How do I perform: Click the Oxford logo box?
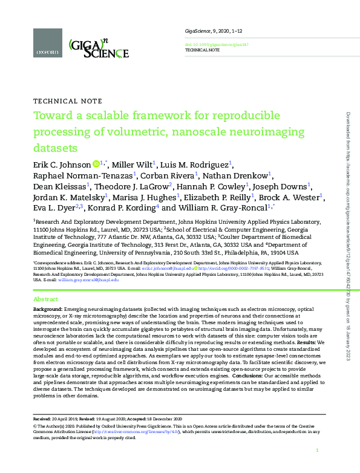47,44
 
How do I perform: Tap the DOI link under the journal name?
208,45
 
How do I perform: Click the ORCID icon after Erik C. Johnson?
96,164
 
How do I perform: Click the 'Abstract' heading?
46,299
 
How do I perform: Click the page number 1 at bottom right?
317,451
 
